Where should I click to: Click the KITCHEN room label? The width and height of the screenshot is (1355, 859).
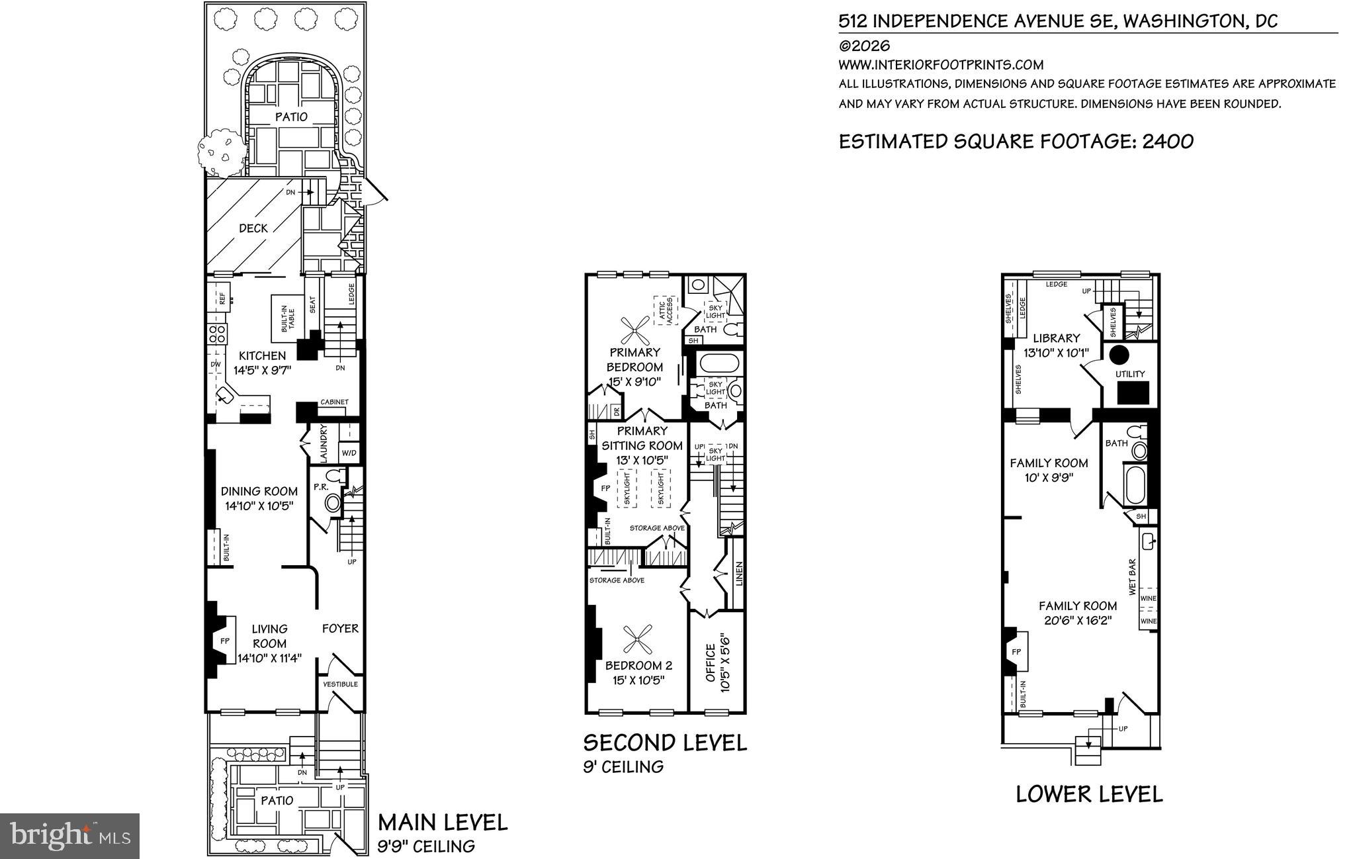pos(262,356)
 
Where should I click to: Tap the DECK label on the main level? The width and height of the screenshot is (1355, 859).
pos(253,228)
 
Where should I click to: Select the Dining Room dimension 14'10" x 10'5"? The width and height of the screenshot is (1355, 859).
pos(259,506)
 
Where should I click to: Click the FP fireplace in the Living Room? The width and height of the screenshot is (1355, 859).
pos(224,641)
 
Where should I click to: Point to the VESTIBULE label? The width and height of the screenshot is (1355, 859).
pos(340,684)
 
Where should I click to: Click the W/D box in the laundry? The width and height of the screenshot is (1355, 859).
pos(349,453)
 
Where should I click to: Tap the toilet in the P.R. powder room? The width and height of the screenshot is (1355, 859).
pos(333,504)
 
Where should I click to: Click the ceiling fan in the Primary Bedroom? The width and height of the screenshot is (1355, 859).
pos(635,330)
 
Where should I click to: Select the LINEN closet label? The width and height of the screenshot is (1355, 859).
pos(739,574)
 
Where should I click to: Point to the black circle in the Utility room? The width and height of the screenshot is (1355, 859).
pos(1118,355)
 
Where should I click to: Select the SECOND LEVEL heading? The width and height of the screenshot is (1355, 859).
pos(664,743)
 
